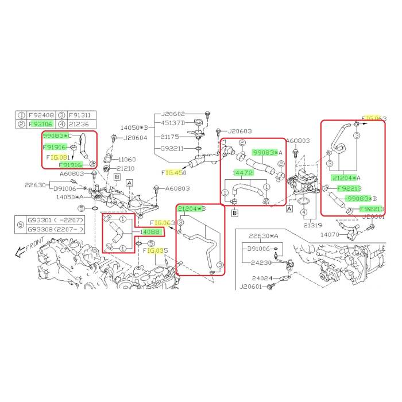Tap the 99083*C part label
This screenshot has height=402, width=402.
point(55,136)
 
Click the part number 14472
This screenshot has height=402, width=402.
point(243,172)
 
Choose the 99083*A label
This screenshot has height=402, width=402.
point(268,153)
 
